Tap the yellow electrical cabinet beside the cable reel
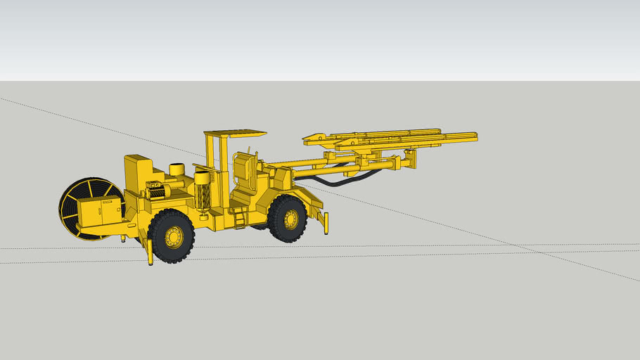coord(99,212)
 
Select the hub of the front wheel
coord(290,219)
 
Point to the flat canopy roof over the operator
coord(235,133)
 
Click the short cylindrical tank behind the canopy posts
coord(177,169)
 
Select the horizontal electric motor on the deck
coord(156,191)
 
